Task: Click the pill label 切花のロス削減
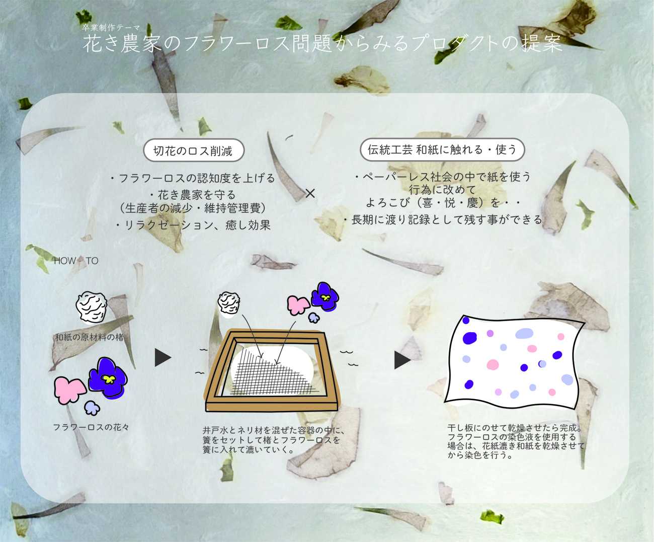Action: click(x=194, y=150)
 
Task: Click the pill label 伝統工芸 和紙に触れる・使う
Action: click(x=442, y=150)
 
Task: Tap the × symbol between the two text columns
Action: click(x=310, y=193)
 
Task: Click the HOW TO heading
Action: click(x=76, y=261)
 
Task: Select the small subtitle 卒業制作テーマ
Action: click(x=111, y=28)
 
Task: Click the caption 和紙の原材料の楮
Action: click(x=90, y=337)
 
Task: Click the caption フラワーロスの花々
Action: click(x=91, y=427)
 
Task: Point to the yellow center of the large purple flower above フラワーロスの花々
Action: click(x=109, y=379)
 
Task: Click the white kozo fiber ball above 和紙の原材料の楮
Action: click(x=92, y=307)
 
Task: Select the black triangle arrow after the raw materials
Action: click(x=162, y=358)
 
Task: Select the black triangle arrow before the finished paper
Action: click(x=402, y=360)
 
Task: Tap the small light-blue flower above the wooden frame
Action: click(x=314, y=318)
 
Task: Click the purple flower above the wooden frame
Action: click(x=325, y=296)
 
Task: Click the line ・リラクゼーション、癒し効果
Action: click(x=192, y=225)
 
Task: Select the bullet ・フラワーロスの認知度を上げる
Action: click(x=192, y=178)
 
